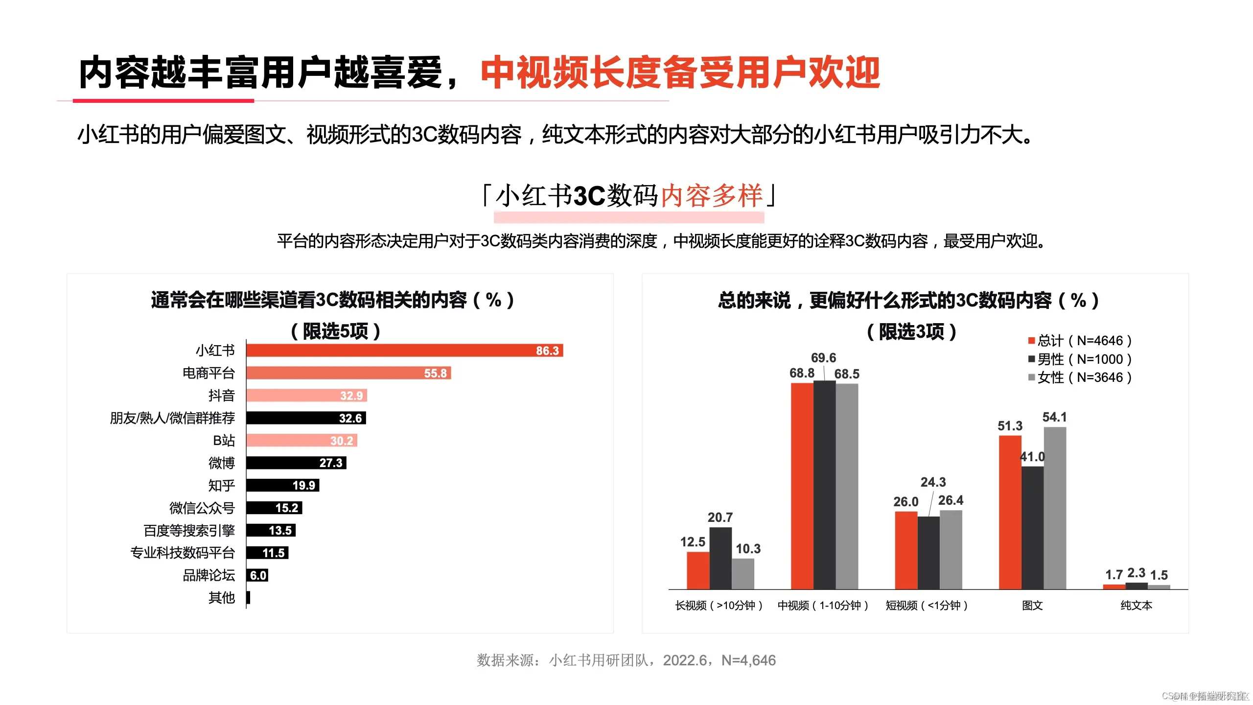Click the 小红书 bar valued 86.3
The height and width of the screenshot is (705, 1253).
[x=404, y=351]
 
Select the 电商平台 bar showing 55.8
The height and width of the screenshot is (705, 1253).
[x=348, y=373]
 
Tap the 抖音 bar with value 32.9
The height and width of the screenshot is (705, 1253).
[x=306, y=396]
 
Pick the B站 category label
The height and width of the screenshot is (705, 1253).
[x=224, y=441]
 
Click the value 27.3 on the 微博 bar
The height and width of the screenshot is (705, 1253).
[x=331, y=463]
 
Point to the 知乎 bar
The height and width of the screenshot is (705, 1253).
[x=282, y=485]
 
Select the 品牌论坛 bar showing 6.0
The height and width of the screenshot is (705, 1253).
[x=257, y=575]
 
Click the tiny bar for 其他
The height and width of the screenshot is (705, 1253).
[x=248, y=598]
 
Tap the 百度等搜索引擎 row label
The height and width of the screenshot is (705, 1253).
[x=189, y=531]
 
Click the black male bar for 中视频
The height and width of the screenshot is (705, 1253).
[x=824, y=485]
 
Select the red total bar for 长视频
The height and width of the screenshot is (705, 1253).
[x=698, y=570]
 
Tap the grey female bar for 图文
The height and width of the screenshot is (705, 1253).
[x=1055, y=508]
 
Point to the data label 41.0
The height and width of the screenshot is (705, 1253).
[x=1032, y=457]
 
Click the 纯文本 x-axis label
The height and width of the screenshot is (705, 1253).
[x=1136, y=606]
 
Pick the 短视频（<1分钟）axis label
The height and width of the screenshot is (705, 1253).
[x=927, y=606]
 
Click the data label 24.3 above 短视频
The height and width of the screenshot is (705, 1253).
[x=933, y=482]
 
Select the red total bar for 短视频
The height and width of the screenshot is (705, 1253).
[x=906, y=550]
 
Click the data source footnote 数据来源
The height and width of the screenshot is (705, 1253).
[x=626, y=660]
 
